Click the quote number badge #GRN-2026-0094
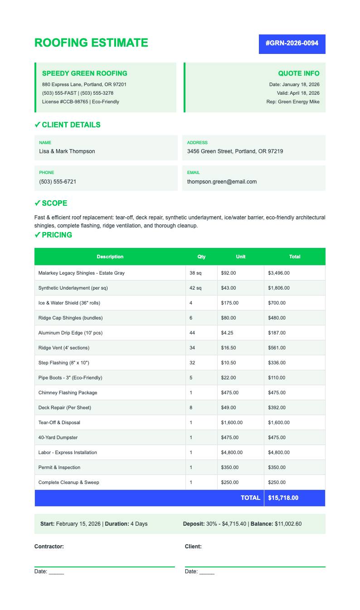click(292, 44)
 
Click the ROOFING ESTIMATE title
click(91, 43)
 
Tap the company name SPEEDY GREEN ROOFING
click(85, 73)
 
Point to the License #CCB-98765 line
click(81, 102)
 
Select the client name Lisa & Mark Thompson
click(67, 151)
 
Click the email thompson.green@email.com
click(222, 182)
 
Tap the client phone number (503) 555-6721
click(58, 182)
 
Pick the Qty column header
click(201, 257)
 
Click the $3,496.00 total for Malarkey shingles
click(279, 273)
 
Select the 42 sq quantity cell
click(195, 288)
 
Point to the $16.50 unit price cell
click(229, 348)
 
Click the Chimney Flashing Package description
click(68, 392)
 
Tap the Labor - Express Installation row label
click(68, 452)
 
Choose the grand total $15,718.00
click(283, 498)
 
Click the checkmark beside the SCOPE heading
click(37, 203)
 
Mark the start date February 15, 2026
click(78, 524)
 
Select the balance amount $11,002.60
click(288, 524)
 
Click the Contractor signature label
click(49, 547)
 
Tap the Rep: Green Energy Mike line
click(293, 102)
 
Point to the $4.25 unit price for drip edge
click(228, 333)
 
